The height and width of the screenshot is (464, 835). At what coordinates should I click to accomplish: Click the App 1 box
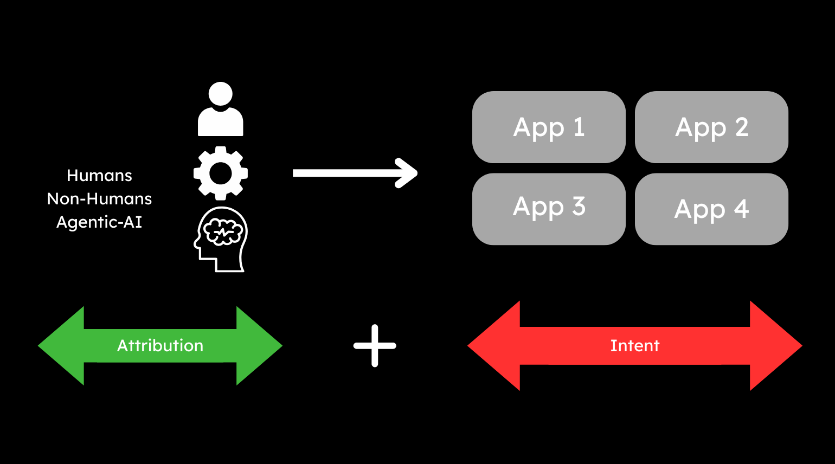549,127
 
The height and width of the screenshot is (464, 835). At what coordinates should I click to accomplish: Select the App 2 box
711,127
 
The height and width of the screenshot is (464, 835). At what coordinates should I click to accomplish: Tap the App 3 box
549,209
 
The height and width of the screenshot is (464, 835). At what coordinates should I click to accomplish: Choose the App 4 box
711,209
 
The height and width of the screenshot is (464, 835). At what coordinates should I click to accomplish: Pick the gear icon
221,173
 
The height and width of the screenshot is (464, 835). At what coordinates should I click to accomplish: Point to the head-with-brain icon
221,239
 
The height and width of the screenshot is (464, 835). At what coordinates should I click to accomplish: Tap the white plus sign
375,346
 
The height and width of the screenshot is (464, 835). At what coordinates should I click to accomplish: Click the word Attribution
160,346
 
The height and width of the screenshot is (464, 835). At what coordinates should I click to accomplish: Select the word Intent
635,346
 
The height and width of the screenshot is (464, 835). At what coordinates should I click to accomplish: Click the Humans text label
99,176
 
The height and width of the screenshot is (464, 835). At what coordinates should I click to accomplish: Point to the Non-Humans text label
99,199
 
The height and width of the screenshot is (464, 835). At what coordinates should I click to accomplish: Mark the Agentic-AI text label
99,222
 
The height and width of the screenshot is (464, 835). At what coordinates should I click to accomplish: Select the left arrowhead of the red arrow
493,346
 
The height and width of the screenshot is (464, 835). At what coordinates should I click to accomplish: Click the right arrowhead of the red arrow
776,346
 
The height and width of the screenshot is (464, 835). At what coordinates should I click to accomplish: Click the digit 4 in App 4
741,209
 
